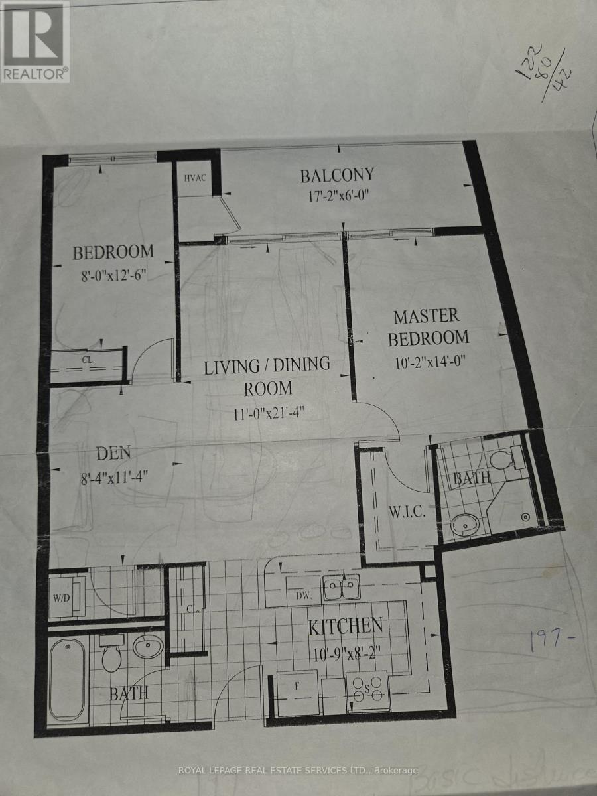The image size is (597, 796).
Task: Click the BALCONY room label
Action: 337,175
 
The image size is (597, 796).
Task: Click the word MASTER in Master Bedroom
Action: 426,316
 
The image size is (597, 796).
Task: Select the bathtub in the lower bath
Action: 68,679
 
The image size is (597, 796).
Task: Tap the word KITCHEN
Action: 345,626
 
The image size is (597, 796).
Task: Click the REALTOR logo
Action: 34,41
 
